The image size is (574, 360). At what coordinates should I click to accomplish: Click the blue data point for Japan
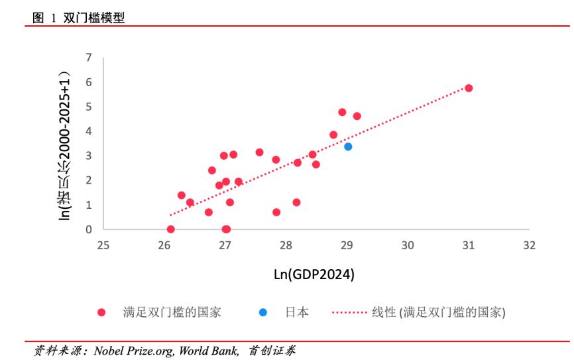348,147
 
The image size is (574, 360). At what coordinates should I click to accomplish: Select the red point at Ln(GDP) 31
469,88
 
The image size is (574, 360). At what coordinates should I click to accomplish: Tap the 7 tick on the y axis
89,58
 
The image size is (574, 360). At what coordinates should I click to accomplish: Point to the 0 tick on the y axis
89,229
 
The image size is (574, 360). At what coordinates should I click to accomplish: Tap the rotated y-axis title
64,143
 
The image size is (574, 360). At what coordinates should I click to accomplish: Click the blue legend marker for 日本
263,312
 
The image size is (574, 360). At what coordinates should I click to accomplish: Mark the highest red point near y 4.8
342,112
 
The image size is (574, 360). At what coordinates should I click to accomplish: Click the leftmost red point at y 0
171,229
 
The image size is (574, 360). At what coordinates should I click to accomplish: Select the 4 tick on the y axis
89,131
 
